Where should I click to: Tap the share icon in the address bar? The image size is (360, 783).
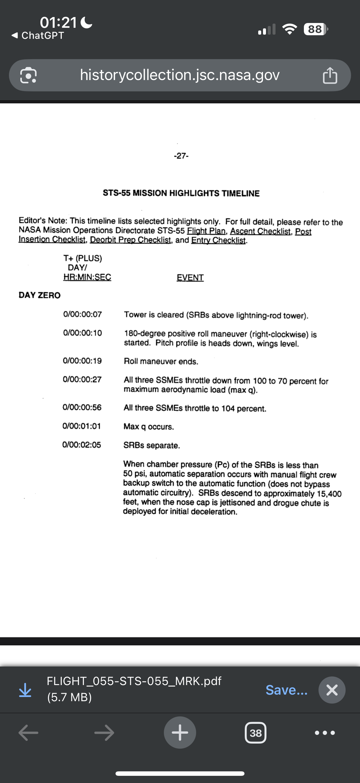[330, 75]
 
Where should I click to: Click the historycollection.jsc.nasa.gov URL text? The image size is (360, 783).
[179, 75]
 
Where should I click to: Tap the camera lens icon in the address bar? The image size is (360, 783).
[28, 75]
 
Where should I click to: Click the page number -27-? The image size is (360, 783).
[181, 156]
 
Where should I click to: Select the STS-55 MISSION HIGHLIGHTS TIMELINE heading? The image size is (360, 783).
[181, 193]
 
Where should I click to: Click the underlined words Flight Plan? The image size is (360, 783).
[206, 231]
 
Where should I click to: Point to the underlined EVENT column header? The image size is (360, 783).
[190, 277]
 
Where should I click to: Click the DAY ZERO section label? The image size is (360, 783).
[39, 295]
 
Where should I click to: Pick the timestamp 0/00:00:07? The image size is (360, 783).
[82, 314]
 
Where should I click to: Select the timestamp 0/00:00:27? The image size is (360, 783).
[82, 379]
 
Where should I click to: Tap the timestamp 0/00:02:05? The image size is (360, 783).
[81, 445]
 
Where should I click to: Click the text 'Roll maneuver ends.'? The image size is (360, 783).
[161, 361]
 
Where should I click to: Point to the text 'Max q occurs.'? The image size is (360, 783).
[149, 427]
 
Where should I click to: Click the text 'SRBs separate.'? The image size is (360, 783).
[152, 445]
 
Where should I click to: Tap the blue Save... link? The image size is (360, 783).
[286, 690]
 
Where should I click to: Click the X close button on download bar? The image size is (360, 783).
[332, 690]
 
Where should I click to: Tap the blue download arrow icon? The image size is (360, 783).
[25, 690]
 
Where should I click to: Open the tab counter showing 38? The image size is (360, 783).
[256, 733]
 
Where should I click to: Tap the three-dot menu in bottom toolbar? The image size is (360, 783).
[325, 733]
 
